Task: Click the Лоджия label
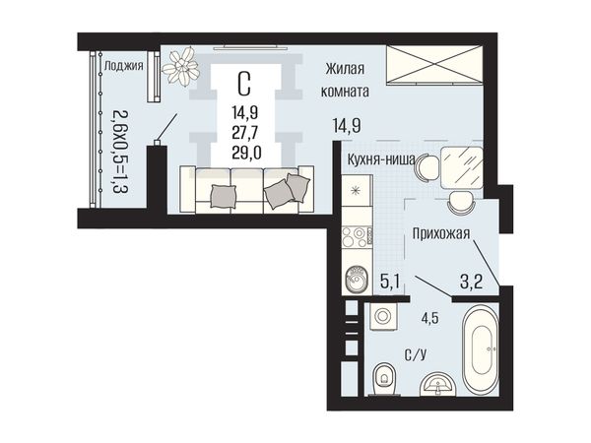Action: (x=124, y=67)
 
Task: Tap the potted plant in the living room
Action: (x=180, y=66)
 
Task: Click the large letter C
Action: (x=244, y=84)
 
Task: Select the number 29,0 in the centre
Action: (x=246, y=153)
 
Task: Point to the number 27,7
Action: (x=246, y=132)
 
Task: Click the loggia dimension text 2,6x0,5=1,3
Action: (x=120, y=152)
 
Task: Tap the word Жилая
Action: (x=345, y=69)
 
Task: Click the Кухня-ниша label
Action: (x=380, y=159)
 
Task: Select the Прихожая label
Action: (x=441, y=233)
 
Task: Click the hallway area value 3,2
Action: (x=471, y=281)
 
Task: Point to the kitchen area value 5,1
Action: (x=389, y=281)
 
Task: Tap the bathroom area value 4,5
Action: (x=429, y=319)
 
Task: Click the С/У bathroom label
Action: (x=416, y=354)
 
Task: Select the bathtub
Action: (x=481, y=350)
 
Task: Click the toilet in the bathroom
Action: (x=385, y=379)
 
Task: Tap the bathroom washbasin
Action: (x=438, y=384)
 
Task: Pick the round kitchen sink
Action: (x=357, y=280)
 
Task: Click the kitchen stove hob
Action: (x=358, y=237)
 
